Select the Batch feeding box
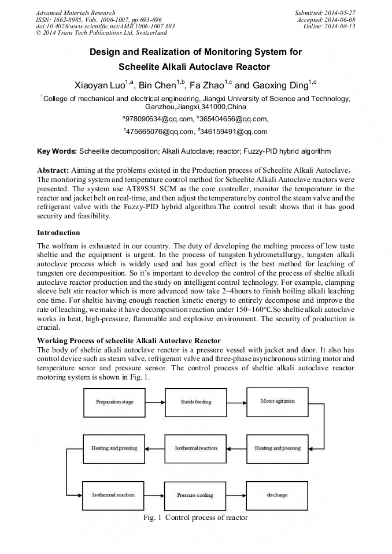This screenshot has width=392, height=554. point(195,401)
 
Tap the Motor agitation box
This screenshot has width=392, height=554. point(278,401)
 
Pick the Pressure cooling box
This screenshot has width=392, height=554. point(195,495)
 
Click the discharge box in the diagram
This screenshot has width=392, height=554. point(278,495)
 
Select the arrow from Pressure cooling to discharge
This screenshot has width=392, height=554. point(236,495)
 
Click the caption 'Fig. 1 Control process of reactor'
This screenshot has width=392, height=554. point(195,518)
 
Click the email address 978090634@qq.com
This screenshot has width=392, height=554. point(160,119)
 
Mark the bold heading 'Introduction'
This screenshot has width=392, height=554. point(58,233)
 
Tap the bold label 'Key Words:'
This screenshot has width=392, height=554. point(57,151)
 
